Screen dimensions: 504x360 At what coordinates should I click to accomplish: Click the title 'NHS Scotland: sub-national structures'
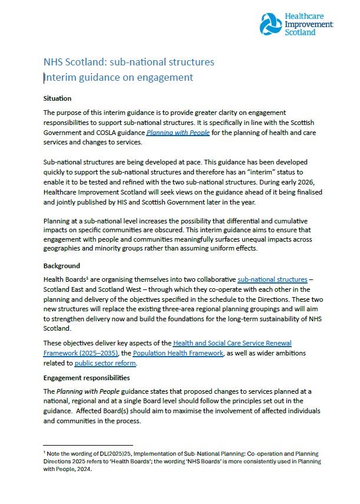point(128,62)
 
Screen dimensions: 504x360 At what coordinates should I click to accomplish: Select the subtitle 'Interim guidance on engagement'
point(119,77)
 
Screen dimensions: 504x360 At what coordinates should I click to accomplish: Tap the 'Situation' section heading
point(57,98)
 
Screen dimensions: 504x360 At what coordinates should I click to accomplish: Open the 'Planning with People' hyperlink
point(178,133)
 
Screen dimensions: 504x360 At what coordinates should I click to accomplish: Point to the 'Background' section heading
point(62,266)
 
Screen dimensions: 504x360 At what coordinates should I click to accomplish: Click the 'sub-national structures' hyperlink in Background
point(272,279)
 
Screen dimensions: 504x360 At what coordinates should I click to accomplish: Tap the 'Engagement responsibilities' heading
point(87,377)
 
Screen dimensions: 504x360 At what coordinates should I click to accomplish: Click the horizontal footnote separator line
point(88,446)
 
